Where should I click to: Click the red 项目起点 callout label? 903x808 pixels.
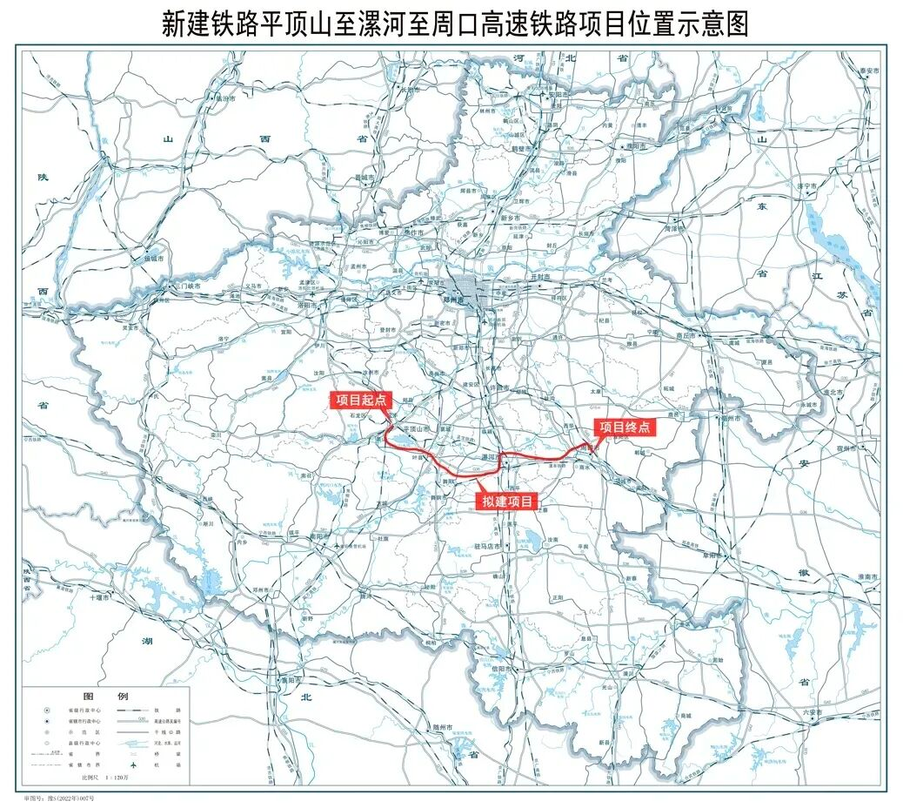[x=361, y=400]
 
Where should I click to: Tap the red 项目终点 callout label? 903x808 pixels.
[x=624, y=427]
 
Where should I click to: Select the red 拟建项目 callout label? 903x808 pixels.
[x=507, y=501]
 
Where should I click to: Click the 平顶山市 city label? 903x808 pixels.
[x=416, y=429]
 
